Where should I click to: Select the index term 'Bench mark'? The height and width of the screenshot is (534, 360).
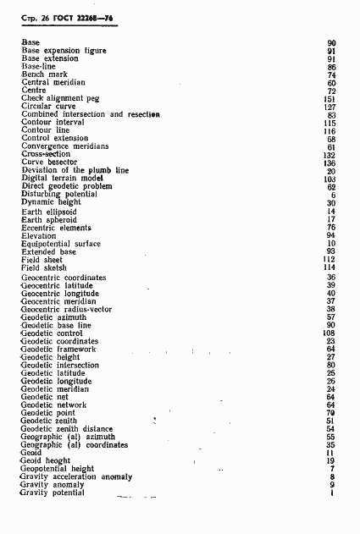pos(43,74)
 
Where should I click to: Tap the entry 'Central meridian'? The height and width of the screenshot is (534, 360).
pos(53,82)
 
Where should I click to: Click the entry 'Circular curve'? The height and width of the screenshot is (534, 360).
pos(50,107)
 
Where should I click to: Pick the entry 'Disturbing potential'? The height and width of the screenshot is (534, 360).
pos(59,194)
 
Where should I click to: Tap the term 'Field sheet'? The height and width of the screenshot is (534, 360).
pos(43,260)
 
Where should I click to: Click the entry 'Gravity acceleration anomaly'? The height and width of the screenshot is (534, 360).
pos(75,477)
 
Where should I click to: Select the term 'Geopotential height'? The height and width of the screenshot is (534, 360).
pos(58,469)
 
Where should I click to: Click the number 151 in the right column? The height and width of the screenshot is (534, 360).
pos(330,98)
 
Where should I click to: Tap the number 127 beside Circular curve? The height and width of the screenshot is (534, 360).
pos(330,107)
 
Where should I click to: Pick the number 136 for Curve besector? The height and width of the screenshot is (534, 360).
pos(330,163)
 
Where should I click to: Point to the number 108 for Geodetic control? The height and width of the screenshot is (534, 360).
pos(330,333)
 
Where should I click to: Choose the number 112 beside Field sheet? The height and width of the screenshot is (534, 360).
pos(330,260)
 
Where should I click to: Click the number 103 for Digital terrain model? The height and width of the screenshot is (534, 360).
pos(330,179)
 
